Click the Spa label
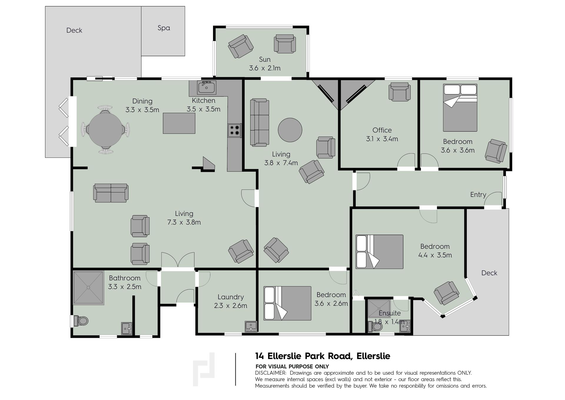tap(164, 28)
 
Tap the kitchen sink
tap(207, 87)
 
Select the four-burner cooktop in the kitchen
tap(235, 131)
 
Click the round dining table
tap(105, 129)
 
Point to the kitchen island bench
tap(179, 123)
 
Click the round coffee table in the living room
tap(290, 130)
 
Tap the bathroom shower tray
tap(89, 288)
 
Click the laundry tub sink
tap(251, 327)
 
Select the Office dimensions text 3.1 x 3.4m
tap(382, 139)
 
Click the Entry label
tap(478, 195)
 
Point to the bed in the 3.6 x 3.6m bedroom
tap(460, 108)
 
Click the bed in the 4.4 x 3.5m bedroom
tap(379, 252)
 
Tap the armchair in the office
tap(399, 92)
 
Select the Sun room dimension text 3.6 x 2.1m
tap(265, 68)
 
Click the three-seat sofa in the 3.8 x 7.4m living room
tap(260, 122)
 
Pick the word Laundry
tap(231, 297)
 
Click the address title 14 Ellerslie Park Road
tap(304, 356)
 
